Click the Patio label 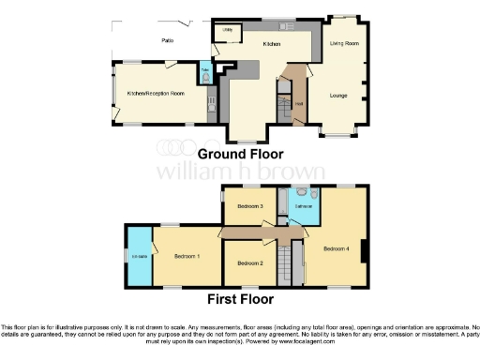pyautogui.click(x=168, y=40)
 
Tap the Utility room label pyautogui.click(x=225, y=30)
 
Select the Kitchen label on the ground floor pyautogui.click(x=271, y=44)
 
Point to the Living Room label pyautogui.click(x=346, y=44)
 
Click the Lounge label pyautogui.click(x=341, y=95)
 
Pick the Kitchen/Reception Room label pyautogui.click(x=156, y=94)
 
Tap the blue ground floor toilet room pyautogui.click(x=205, y=72)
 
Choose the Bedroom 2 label pyautogui.click(x=248, y=263)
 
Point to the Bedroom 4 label pyautogui.click(x=337, y=248)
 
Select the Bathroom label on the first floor pyautogui.click(x=304, y=205)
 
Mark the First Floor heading pyautogui.click(x=240, y=300)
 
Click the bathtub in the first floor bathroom pyautogui.click(x=304, y=217)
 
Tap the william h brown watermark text pyautogui.click(x=240, y=172)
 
